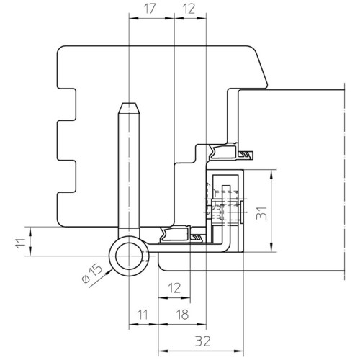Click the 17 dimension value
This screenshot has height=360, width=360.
pyautogui.click(x=149, y=9)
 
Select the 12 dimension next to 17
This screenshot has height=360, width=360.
pyautogui.click(x=189, y=9)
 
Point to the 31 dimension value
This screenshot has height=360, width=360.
pyautogui.click(x=261, y=212)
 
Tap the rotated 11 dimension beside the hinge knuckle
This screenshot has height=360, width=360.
pyautogui.click(x=21, y=243)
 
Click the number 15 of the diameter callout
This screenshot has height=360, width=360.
pyautogui.click(x=96, y=270)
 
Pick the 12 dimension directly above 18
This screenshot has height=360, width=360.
pyautogui.click(x=174, y=288)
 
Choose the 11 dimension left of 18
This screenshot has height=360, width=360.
pyautogui.click(x=143, y=315)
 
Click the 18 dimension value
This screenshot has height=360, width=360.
pyautogui.click(x=182, y=315)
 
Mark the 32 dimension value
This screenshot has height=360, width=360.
pyautogui.click(x=203, y=341)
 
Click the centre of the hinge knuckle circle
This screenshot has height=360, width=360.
pyautogui.click(x=129, y=256)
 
